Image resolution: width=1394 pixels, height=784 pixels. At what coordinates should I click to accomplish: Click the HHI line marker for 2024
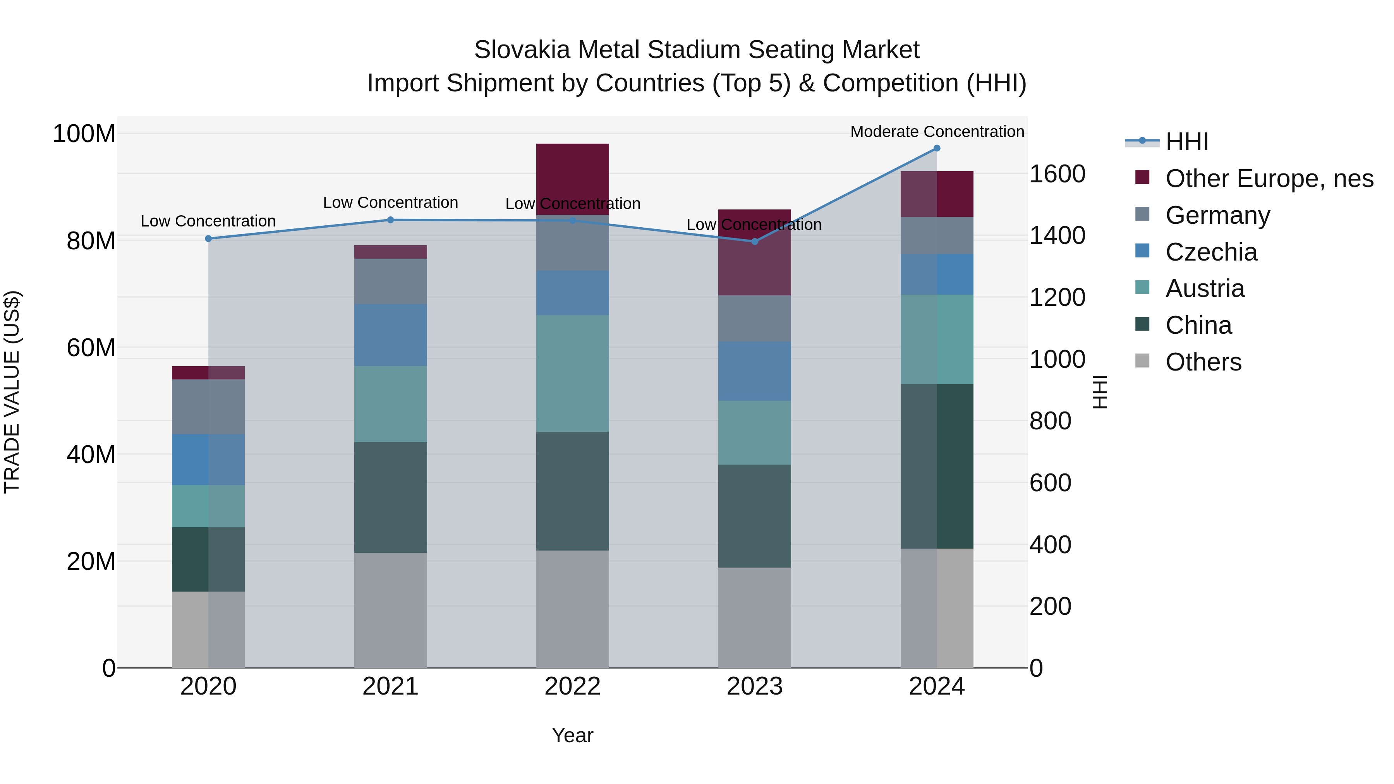937,148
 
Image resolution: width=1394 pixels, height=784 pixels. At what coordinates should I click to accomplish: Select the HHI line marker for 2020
208,238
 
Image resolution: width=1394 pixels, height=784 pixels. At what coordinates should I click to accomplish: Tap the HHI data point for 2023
755,241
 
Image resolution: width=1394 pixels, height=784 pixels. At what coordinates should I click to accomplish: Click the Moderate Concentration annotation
937,132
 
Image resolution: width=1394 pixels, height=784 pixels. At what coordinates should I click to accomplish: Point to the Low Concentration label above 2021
390,203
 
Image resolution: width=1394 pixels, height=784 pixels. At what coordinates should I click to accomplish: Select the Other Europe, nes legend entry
1269,178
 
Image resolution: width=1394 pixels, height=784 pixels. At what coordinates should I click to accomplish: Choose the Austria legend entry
1205,288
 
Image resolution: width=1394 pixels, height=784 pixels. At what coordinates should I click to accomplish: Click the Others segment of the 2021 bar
390,610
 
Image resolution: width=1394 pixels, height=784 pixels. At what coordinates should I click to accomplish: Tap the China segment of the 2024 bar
937,467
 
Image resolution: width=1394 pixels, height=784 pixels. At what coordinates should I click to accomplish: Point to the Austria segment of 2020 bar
208,506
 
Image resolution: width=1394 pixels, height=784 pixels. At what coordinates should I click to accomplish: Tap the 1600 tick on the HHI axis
1057,174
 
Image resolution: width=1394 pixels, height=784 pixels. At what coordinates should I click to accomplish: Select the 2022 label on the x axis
573,686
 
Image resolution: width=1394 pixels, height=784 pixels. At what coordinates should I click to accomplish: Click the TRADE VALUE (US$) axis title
12,392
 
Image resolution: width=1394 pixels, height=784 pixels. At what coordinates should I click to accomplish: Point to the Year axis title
573,735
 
